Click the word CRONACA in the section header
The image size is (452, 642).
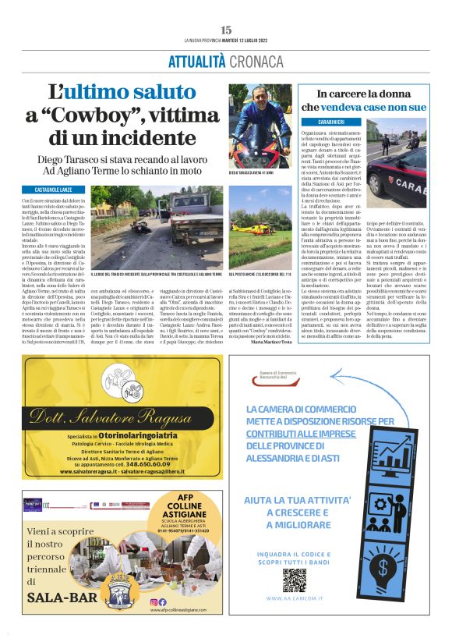click(x=256, y=60)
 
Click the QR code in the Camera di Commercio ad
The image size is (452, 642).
click(x=294, y=580)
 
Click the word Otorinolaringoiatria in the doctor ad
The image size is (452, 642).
click(x=138, y=435)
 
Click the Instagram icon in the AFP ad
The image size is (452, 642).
click(x=163, y=601)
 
